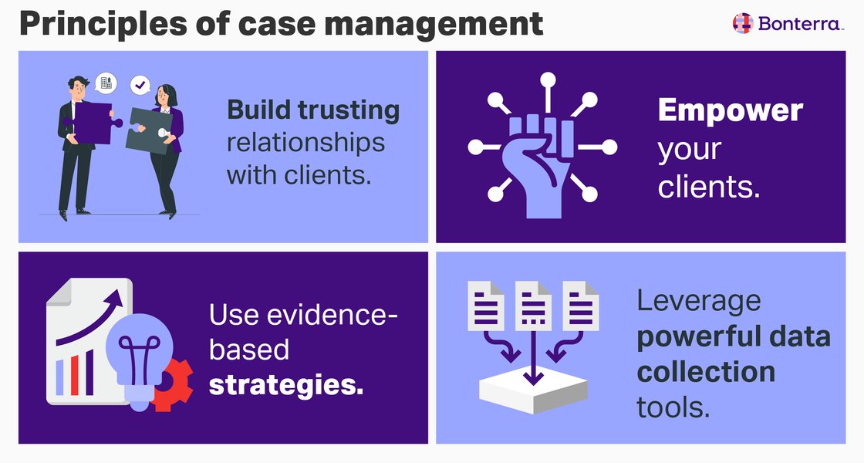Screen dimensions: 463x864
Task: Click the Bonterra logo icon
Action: click(741, 23)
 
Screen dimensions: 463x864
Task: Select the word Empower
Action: click(730, 111)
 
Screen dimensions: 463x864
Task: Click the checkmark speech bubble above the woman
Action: click(140, 83)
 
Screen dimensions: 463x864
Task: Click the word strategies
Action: click(285, 384)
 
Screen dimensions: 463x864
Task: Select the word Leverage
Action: click(699, 302)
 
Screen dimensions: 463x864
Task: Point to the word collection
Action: click(706, 372)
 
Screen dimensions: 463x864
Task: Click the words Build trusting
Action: click(313, 110)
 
